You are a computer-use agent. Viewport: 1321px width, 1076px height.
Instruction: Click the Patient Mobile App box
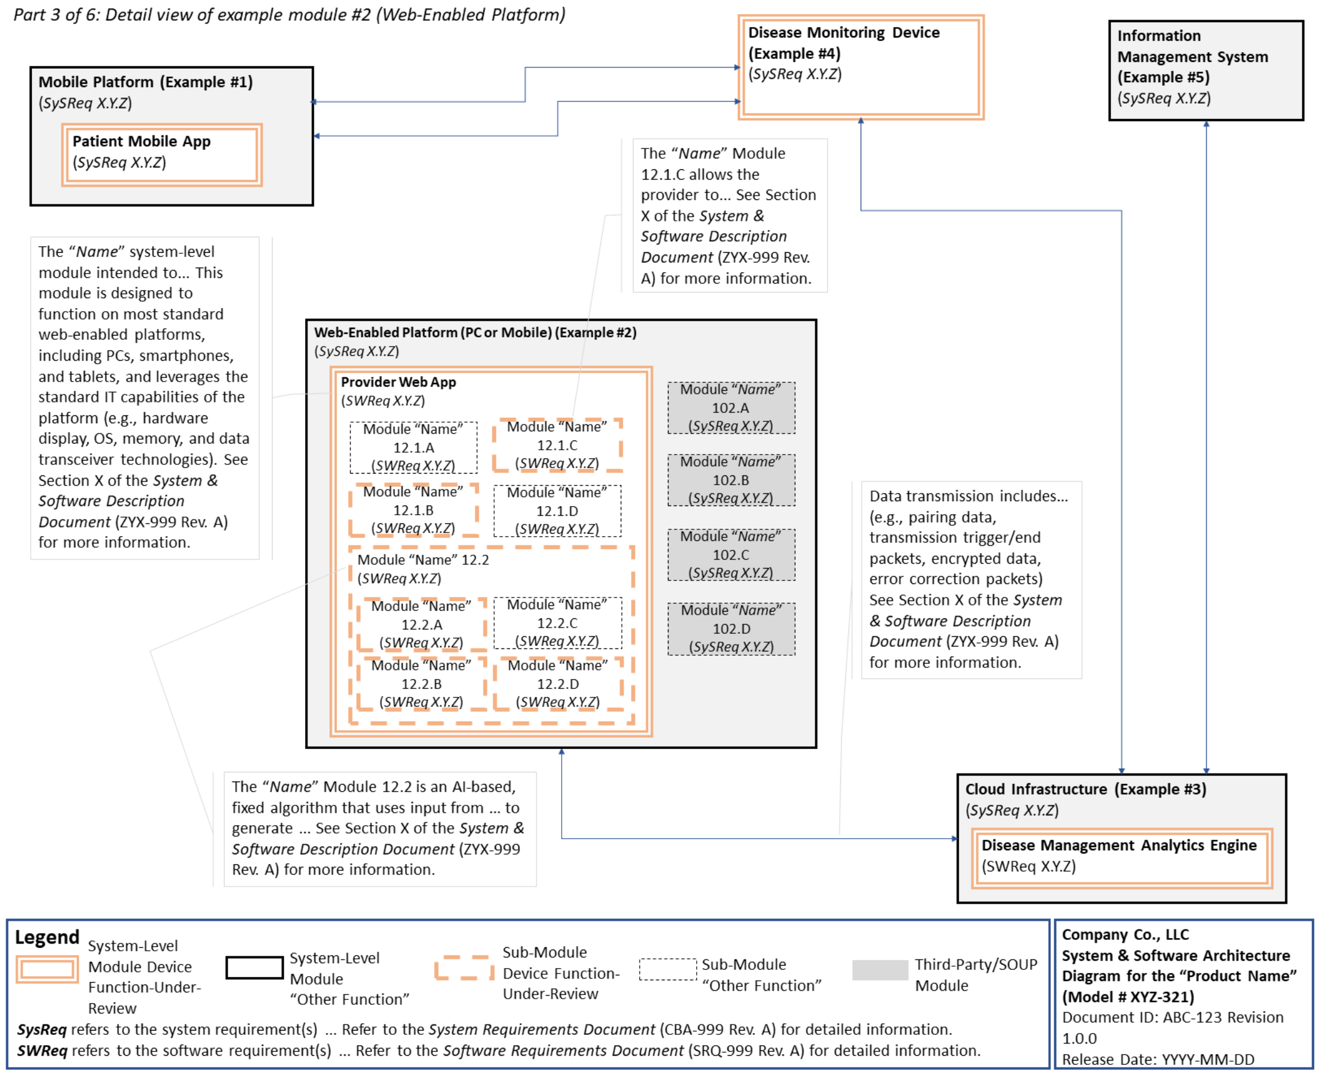coord(161,155)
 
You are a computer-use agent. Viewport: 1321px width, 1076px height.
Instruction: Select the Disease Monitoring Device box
coord(860,67)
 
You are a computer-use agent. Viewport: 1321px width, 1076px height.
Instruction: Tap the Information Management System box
coord(1205,70)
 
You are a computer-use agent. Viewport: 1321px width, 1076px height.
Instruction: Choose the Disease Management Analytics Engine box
coord(1121,857)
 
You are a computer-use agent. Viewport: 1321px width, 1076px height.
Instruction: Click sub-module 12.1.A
coord(413,447)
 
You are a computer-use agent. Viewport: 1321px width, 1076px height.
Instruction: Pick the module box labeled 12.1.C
coord(557,445)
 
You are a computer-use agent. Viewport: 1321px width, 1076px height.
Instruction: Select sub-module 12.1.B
coord(413,510)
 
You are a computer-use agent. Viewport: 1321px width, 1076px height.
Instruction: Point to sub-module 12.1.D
coord(557,511)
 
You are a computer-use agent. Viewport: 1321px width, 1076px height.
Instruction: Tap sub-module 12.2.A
coord(421,624)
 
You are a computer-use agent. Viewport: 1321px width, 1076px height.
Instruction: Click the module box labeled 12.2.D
coord(557,683)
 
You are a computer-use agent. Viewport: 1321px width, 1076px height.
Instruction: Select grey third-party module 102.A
coord(730,408)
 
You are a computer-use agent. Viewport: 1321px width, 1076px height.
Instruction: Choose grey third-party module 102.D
coord(731,629)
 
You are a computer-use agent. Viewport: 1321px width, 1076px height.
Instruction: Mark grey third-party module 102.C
coord(730,555)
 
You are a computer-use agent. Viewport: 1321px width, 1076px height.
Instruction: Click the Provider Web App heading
coord(398,382)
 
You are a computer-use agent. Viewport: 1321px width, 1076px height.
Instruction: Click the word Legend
coord(47,937)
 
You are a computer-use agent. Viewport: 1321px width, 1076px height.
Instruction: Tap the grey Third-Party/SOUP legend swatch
coord(880,970)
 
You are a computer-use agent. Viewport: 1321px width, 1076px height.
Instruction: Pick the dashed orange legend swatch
coord(465,968)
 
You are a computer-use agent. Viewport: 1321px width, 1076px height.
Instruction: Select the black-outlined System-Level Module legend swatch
coord(254,967)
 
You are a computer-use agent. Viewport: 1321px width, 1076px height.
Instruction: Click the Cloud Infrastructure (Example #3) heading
coord(1085,789)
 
